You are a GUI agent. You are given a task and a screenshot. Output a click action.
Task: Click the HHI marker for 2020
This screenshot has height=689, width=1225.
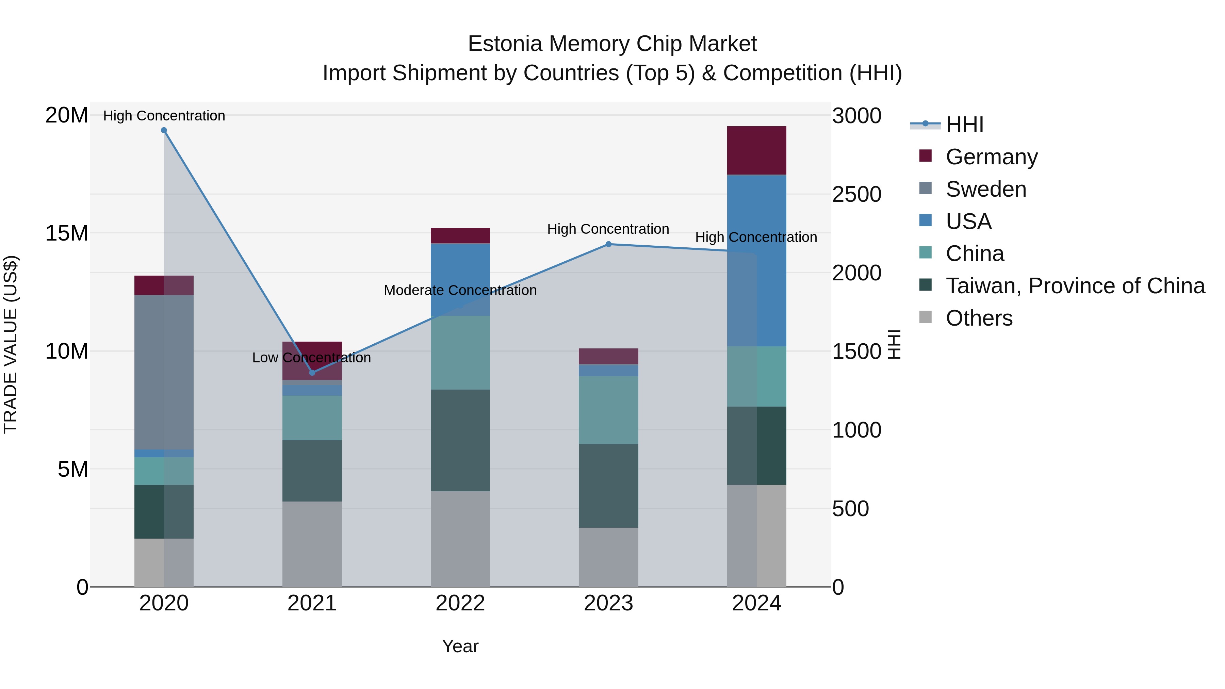click(x=164, y=130)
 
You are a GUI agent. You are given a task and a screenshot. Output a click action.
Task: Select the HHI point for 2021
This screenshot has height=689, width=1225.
click(x=312, y=372)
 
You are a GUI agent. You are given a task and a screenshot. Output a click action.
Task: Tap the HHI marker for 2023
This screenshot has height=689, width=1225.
click(x=608, y=244)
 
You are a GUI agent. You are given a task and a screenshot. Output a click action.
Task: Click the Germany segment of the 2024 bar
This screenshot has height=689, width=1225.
click(x=756, y=150)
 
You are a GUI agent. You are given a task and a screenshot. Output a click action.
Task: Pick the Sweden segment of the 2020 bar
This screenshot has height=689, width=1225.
click(x=164, y=372)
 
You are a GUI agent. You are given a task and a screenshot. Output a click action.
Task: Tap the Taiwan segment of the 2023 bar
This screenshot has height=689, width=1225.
click(x=608, y=486)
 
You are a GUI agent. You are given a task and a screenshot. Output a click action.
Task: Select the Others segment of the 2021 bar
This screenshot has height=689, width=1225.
click(x=312, y=544)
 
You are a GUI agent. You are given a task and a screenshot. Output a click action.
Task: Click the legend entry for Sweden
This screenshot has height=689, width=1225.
click(x=986, y=189)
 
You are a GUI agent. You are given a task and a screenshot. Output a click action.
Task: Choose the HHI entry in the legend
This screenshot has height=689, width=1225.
click(x=964, y=125)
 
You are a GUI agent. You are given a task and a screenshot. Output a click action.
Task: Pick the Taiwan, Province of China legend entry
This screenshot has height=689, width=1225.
click(x=1075, y=286)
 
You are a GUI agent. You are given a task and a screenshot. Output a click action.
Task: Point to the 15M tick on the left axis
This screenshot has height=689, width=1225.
click(x=67, y=233)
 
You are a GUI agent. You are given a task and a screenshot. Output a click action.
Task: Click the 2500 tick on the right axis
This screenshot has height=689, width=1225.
click(x=856, y=195)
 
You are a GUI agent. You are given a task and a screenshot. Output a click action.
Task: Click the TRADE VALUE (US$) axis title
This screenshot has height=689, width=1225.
click(x=11, y=344)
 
